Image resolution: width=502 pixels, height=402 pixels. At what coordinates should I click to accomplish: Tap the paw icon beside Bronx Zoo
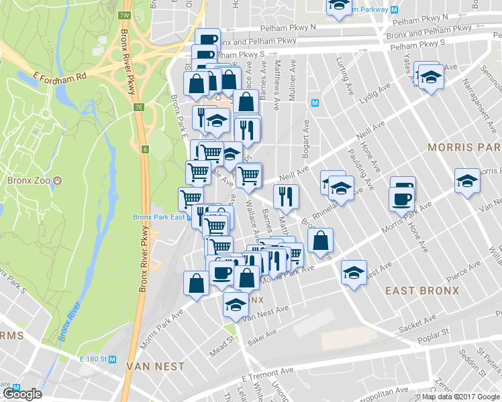coord(58,180)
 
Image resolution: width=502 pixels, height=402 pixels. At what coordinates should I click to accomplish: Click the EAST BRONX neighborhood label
coord(422,290)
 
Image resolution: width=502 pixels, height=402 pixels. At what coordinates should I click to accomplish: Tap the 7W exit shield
coord(123,15)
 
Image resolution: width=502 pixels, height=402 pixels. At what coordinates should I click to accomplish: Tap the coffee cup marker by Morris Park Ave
coord(401,198)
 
